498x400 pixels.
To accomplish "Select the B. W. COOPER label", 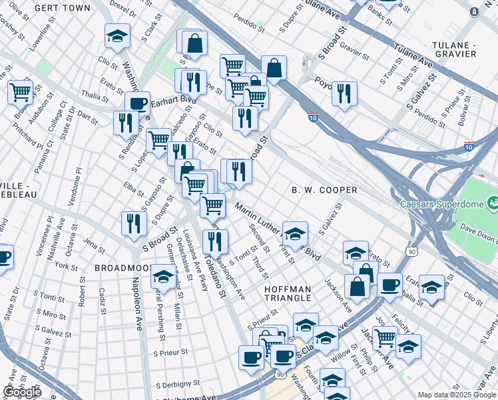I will (x=324, y=190).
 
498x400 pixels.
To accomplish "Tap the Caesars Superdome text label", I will (x=441, y=203).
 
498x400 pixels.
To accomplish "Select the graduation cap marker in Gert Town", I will (x=117, y=37).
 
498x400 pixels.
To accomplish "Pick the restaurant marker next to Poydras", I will (x=344, y=94).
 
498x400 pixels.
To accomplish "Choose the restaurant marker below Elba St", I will (x=134, y=223).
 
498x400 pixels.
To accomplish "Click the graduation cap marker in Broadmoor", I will (x=163, y=277).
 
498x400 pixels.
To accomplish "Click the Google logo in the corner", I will (x=22, y=392).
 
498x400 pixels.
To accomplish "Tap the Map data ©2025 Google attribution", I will (x=457, y=395).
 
